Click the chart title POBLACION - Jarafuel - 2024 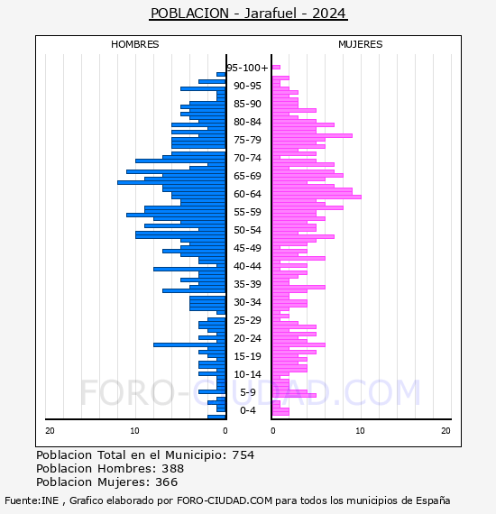(x=248, y=14)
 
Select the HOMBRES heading (x=134, y=44)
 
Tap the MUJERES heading (x=361, y=44)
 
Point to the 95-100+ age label (x=247, y=68)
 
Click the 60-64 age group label (x=247, y=194)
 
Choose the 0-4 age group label (x=247, y=410)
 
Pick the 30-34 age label (x=247, y=302)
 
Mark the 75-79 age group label (x=247, y=140)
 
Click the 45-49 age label (x=247, y=248)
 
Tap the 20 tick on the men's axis (x=50, y=430)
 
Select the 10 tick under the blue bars (x=134, y=430)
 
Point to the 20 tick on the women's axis (x=445, y=430)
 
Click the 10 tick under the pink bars (x=360, y=430)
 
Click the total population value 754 (x=243, y=455)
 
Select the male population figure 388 (x=173, y=468)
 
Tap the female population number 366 (x=167, y=482)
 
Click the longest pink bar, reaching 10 (x=317, y=197)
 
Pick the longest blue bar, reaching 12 (x=171, y=182)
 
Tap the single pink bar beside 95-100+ (x=276, y=68)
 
